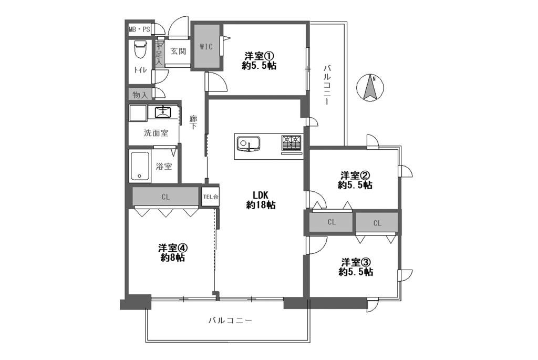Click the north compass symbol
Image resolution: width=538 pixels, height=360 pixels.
[x=370, y=88]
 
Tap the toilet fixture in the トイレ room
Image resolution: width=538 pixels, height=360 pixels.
[x=140, y=50]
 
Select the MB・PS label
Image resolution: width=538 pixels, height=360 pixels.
[x=139, y=29]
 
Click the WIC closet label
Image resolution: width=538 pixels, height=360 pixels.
[x=206, y=47]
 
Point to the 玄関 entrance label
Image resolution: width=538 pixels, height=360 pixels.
[x=179, y=52]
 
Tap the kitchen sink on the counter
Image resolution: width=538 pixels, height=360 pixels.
[x=249, y=143]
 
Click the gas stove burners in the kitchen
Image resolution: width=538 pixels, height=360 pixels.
[x=291, y=143]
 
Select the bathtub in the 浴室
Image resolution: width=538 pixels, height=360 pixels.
[x=139, y=167]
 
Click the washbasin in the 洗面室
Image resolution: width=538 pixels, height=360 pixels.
[x=163, y=112]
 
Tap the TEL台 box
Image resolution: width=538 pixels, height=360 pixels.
[x=210, y=197]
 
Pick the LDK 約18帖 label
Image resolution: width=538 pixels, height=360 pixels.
[x=261, y=200]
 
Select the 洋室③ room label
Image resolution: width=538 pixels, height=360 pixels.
[x=356, y=267]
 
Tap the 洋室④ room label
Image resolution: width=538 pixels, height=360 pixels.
[x=172, y=252]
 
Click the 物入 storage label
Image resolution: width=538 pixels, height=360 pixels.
[x=140, y=95]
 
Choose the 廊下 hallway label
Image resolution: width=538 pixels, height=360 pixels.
[x=193, y=122]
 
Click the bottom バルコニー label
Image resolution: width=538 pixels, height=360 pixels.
[x=230, y=321]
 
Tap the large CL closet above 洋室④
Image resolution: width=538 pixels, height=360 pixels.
[x=165, y=197]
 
